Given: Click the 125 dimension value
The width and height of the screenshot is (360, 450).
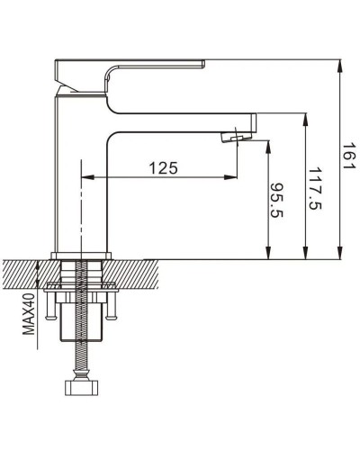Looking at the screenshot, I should click(162, 167).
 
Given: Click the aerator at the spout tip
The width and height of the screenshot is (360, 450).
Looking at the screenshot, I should click(237, 135).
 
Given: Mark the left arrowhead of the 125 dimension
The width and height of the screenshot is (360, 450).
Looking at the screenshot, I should click(87, 176).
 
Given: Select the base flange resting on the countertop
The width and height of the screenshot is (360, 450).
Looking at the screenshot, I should click(83, 255).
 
